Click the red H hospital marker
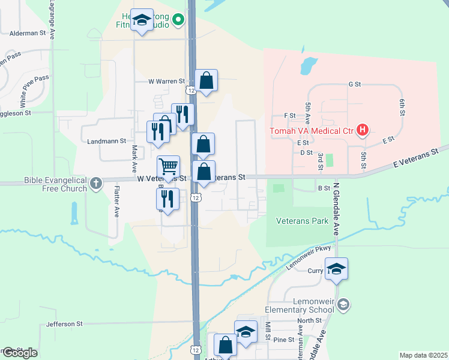coord(363,130)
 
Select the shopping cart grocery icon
coord(169,166)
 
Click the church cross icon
coord(96,184)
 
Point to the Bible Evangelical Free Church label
coord(55,184)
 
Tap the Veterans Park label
coord(302,221)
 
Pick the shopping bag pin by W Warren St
coord(206,80)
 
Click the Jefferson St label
coord(64,324)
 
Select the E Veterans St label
coord(413,155)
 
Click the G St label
coord(354,85)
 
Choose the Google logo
coord(19,353)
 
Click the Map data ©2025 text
coord(423,355)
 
